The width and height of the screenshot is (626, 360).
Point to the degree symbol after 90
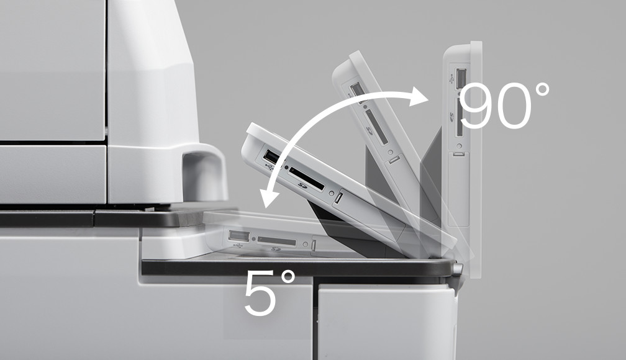(x=542, y=90)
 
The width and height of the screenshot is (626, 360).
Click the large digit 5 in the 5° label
(x=260, y=294)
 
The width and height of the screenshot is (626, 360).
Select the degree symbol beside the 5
(x=288, y=277)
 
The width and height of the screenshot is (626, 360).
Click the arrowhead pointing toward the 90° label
(x=419, y=96)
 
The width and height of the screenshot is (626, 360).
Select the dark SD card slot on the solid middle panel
(x=306, y=178)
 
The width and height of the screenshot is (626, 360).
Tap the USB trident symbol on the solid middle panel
(x=268, y=165)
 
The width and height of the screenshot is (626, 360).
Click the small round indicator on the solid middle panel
(x=331, y=193)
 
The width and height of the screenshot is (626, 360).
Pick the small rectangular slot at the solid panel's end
(x=339, y=198)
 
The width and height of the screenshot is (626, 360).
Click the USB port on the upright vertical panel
(x=460, y=76)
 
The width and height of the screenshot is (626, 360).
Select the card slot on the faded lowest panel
(x=277, y=241)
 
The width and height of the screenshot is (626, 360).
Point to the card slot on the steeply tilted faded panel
(x=376, y=127)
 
